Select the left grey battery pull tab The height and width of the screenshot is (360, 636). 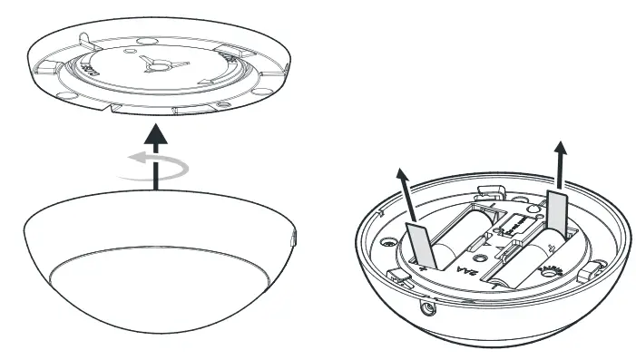419,244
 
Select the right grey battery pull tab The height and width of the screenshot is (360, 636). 554,210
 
